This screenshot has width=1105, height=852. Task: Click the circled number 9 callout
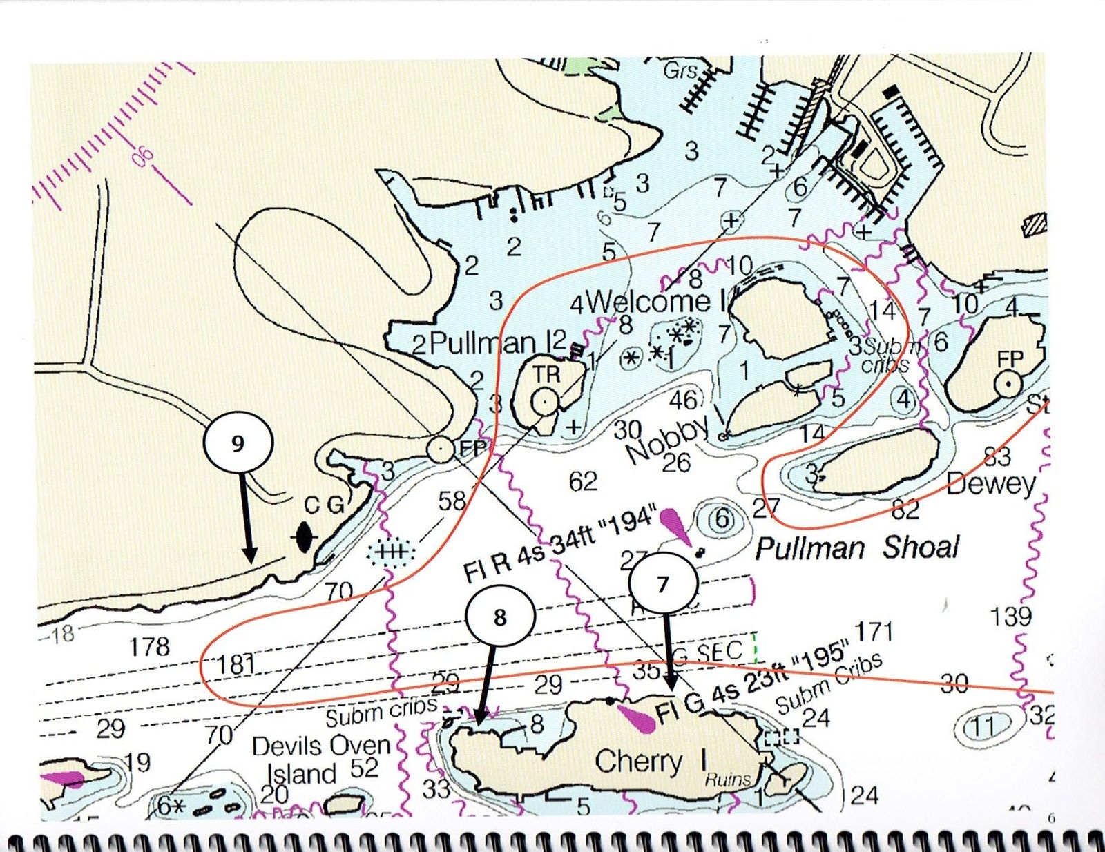[238, 443]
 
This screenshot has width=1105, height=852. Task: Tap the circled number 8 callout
[500, 617]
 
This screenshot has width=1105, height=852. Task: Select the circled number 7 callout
[663, 584]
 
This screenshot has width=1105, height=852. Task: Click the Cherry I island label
[651, 762]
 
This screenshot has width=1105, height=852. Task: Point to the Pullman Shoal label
[856, 548]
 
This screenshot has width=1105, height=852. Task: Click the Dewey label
[991, 484]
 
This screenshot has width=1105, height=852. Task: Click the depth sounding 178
[149, 646]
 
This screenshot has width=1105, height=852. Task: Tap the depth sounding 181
[236, 664]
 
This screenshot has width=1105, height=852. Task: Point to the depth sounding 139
[1010, 616]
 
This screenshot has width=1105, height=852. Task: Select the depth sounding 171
[874, 631]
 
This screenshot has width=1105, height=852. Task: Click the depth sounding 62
[582, 481]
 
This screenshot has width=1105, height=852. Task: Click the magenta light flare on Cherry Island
[638, 718]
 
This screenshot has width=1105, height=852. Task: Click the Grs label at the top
[680, 70]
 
